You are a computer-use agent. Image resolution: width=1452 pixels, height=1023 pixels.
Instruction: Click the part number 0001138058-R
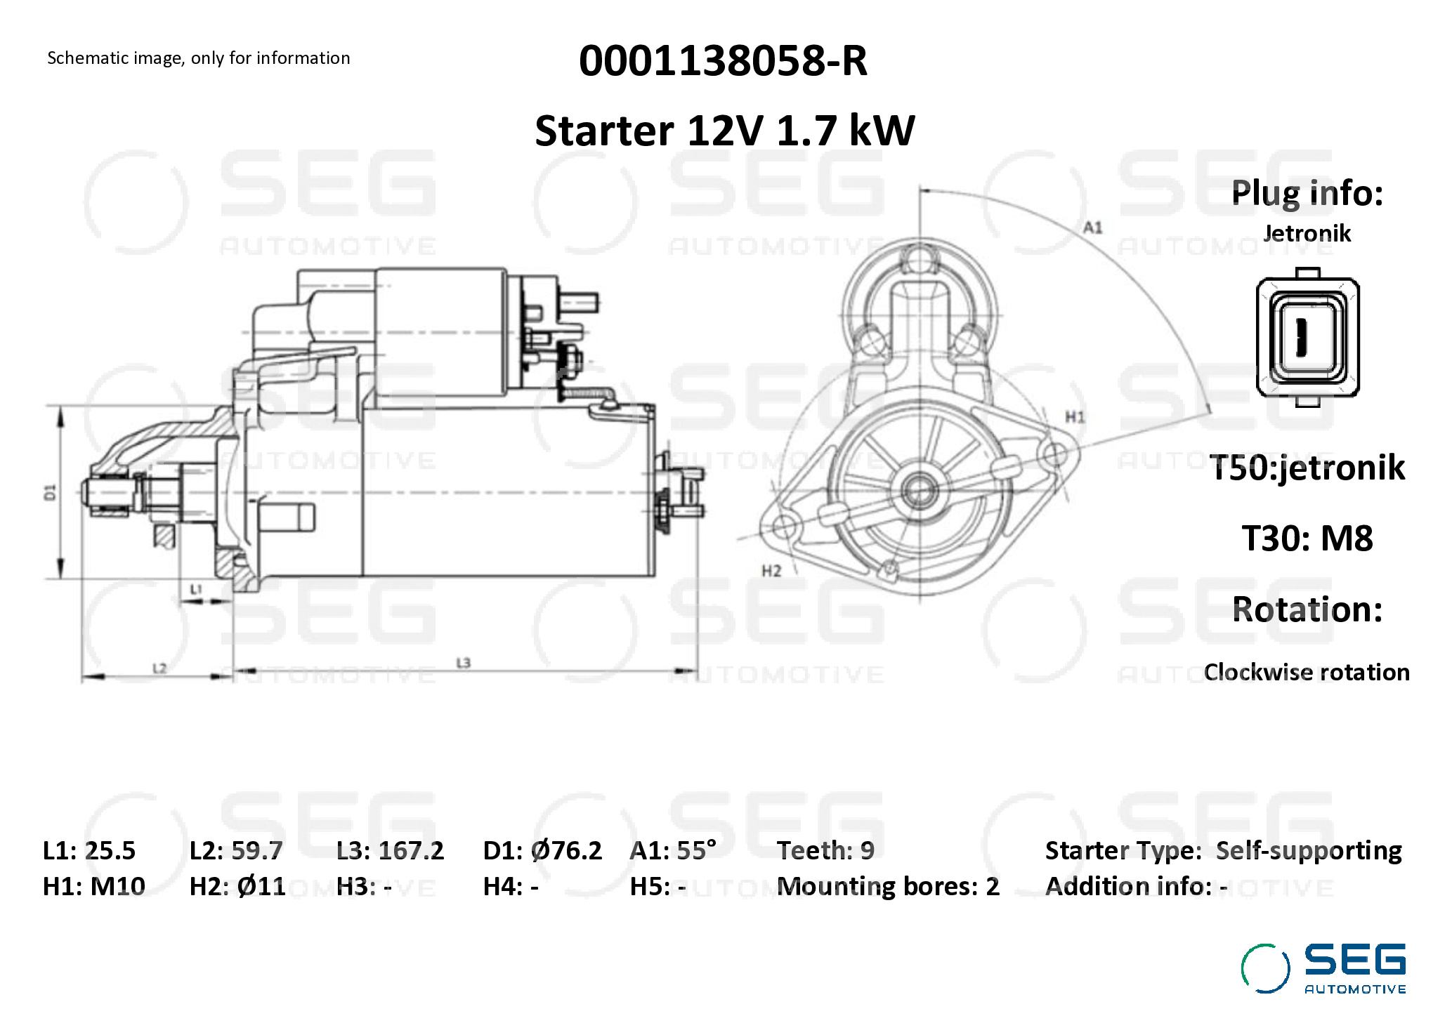pyautogui.click(x=723, y=61)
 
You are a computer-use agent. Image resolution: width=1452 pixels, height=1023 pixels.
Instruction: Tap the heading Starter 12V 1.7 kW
pyautogui.click(x=724, y=131)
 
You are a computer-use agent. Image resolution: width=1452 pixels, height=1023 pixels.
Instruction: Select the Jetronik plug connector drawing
pyautogui.click(x=1307, y=337)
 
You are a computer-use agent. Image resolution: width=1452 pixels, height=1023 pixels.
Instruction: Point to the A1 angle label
pyautogui.click(x=1093, y=227)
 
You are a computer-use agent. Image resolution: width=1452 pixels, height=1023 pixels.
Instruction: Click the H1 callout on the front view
pyautogui.click(x=1075, y=417)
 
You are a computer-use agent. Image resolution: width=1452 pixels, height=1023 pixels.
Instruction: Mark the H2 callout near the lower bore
pyautogui.click(x=771, y=571)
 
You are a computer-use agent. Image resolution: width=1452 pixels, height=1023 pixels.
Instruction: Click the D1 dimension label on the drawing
pyautogui.click(x=50, y=492)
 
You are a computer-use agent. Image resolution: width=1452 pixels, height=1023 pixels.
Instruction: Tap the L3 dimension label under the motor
pyautogui.click(x=463, y=662)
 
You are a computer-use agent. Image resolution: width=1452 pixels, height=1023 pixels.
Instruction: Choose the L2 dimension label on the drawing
pyautogui.click(x=159, y=667)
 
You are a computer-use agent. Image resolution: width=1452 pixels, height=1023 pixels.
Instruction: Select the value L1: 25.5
pyautogui.click(x=89, y=850)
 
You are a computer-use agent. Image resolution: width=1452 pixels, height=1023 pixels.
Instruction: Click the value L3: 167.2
pyautogui.click(x=390, y=850)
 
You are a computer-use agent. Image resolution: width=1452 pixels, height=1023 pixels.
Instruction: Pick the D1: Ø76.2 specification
pyautogui.click(x=542, y=850)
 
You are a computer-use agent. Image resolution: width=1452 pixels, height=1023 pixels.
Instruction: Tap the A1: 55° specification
pyautogui.click(x=673, y=850)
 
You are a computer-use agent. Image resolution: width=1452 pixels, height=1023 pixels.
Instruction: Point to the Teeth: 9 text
pyautogui.click(x=825, y=850)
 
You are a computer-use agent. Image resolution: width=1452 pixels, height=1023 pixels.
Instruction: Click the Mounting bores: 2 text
pyautogui.click(x=888, y=886)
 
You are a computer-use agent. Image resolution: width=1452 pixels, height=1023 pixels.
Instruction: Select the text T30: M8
pyautogui.click(x=1307, y=539)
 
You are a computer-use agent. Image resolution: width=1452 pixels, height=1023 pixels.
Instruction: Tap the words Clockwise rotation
pyautogui.click(x=1307, y=672)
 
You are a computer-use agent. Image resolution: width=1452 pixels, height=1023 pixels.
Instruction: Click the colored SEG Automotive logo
pyautogui.click(x=1323, y=968)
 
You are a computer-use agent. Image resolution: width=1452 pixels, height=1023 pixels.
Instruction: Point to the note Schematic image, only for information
pyautogui.click(x=199, y=58)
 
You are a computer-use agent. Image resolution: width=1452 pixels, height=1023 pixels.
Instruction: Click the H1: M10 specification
pyautogui.click(x=94, y=886)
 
